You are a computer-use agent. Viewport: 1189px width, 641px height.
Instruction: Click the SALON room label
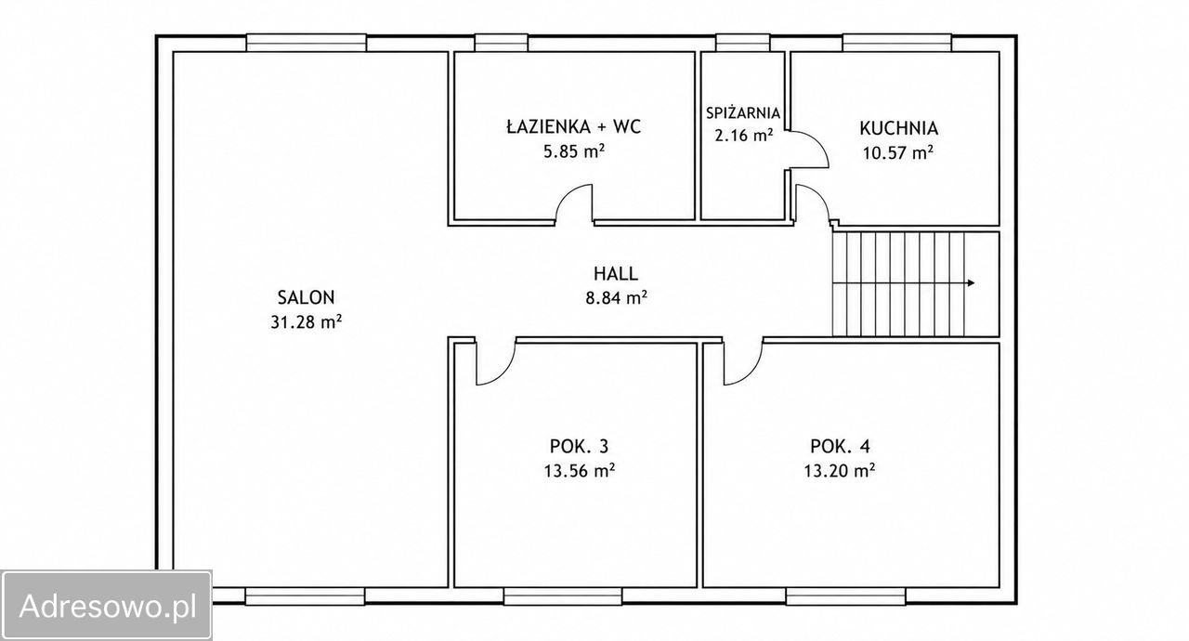click(x=307, y=297)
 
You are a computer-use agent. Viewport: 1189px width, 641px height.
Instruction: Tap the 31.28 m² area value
click(x=307, y=322)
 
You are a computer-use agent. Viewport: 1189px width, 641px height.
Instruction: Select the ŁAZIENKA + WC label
click(x=574, y=126)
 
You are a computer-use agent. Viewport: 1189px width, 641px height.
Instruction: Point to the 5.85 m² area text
click(x=574, y=151)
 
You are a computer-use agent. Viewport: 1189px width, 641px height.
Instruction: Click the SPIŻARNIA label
click(x=743, y=112)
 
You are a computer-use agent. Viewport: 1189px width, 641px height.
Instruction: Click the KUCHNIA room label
click(x=898, y=128)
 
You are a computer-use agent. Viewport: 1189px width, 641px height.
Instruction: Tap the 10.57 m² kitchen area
click(x=898, y=153)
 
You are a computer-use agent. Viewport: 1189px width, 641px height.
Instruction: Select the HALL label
click(x=616, y=274)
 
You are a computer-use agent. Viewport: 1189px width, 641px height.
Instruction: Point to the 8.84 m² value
click(x=616, y=298)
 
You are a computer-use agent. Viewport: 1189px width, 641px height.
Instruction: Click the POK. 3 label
click(x=579, y=447)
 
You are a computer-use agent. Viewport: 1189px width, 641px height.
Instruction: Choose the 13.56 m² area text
click(x=580, y=471)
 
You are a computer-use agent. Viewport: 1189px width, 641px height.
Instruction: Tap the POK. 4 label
click(x=840, y=447)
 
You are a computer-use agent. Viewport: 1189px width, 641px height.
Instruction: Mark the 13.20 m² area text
click(x=840, y=471)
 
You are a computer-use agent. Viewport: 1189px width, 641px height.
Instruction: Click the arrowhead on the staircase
click(x=971, y=282)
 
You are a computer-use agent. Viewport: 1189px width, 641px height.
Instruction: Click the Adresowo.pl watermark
click(x=108, y=606)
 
